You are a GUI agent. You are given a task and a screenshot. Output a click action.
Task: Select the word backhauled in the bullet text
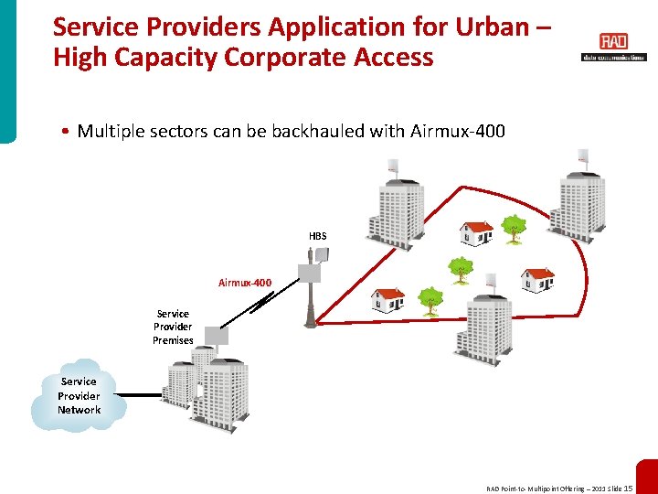point(313,132)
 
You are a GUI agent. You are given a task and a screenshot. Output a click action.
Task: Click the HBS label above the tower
point(317,236)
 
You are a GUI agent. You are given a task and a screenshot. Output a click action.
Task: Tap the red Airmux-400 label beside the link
point(244,283)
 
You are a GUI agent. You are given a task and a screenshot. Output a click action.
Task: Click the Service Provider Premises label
point(173,327)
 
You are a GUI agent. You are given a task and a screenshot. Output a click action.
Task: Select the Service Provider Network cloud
point(79,395)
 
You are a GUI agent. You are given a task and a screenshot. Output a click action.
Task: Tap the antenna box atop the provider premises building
point(216,335)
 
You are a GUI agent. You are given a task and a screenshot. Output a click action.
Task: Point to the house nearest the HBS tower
point(388,298)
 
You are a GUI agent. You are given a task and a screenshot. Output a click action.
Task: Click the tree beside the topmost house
point(515,228)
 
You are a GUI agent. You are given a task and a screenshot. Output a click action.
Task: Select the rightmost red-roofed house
point(536,278)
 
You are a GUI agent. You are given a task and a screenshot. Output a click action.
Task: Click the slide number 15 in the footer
point(628,489)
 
